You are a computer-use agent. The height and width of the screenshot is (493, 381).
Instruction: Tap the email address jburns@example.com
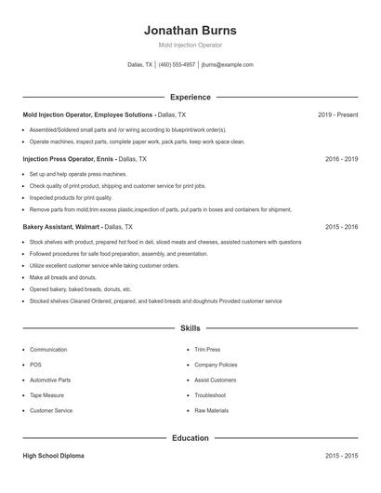pyautogui.click(x=227, y=65)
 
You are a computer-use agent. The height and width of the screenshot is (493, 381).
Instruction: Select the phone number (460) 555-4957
pyautogui.click(x=177, y=65)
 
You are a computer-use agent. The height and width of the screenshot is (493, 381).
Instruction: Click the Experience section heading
pyautogui.click(x=190, y=97)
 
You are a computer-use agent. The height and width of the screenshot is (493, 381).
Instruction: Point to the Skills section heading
pyautogui.click(x=190, y=328)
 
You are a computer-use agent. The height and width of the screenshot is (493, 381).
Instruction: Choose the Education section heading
pyautogui.click(x=190, y=437)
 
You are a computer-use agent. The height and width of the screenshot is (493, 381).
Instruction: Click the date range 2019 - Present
pyautogui.click(x=337, y=114)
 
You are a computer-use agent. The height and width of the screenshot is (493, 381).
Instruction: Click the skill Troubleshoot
pyautogui.click(x=211, y=395)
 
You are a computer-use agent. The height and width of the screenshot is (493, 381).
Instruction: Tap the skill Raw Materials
pyautogui.click(x=211, y=410)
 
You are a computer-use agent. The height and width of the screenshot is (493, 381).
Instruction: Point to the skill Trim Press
pyautogui.click(x=207, y=350)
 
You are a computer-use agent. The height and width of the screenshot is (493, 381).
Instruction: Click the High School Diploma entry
pyautogui.click(x=54, y=456)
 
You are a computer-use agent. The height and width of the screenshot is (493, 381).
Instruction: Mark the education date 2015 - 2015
pyautogui.click(x=341, y=456)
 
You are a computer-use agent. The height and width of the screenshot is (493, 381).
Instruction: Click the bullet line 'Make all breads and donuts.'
pyautogui.click(x=63, y=277)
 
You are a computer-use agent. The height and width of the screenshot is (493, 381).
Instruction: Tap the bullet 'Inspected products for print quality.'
pyautogui.click(x=71, y=197)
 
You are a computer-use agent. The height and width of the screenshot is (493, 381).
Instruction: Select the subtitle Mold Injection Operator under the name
pyautogui.click(x=190, y=45)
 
